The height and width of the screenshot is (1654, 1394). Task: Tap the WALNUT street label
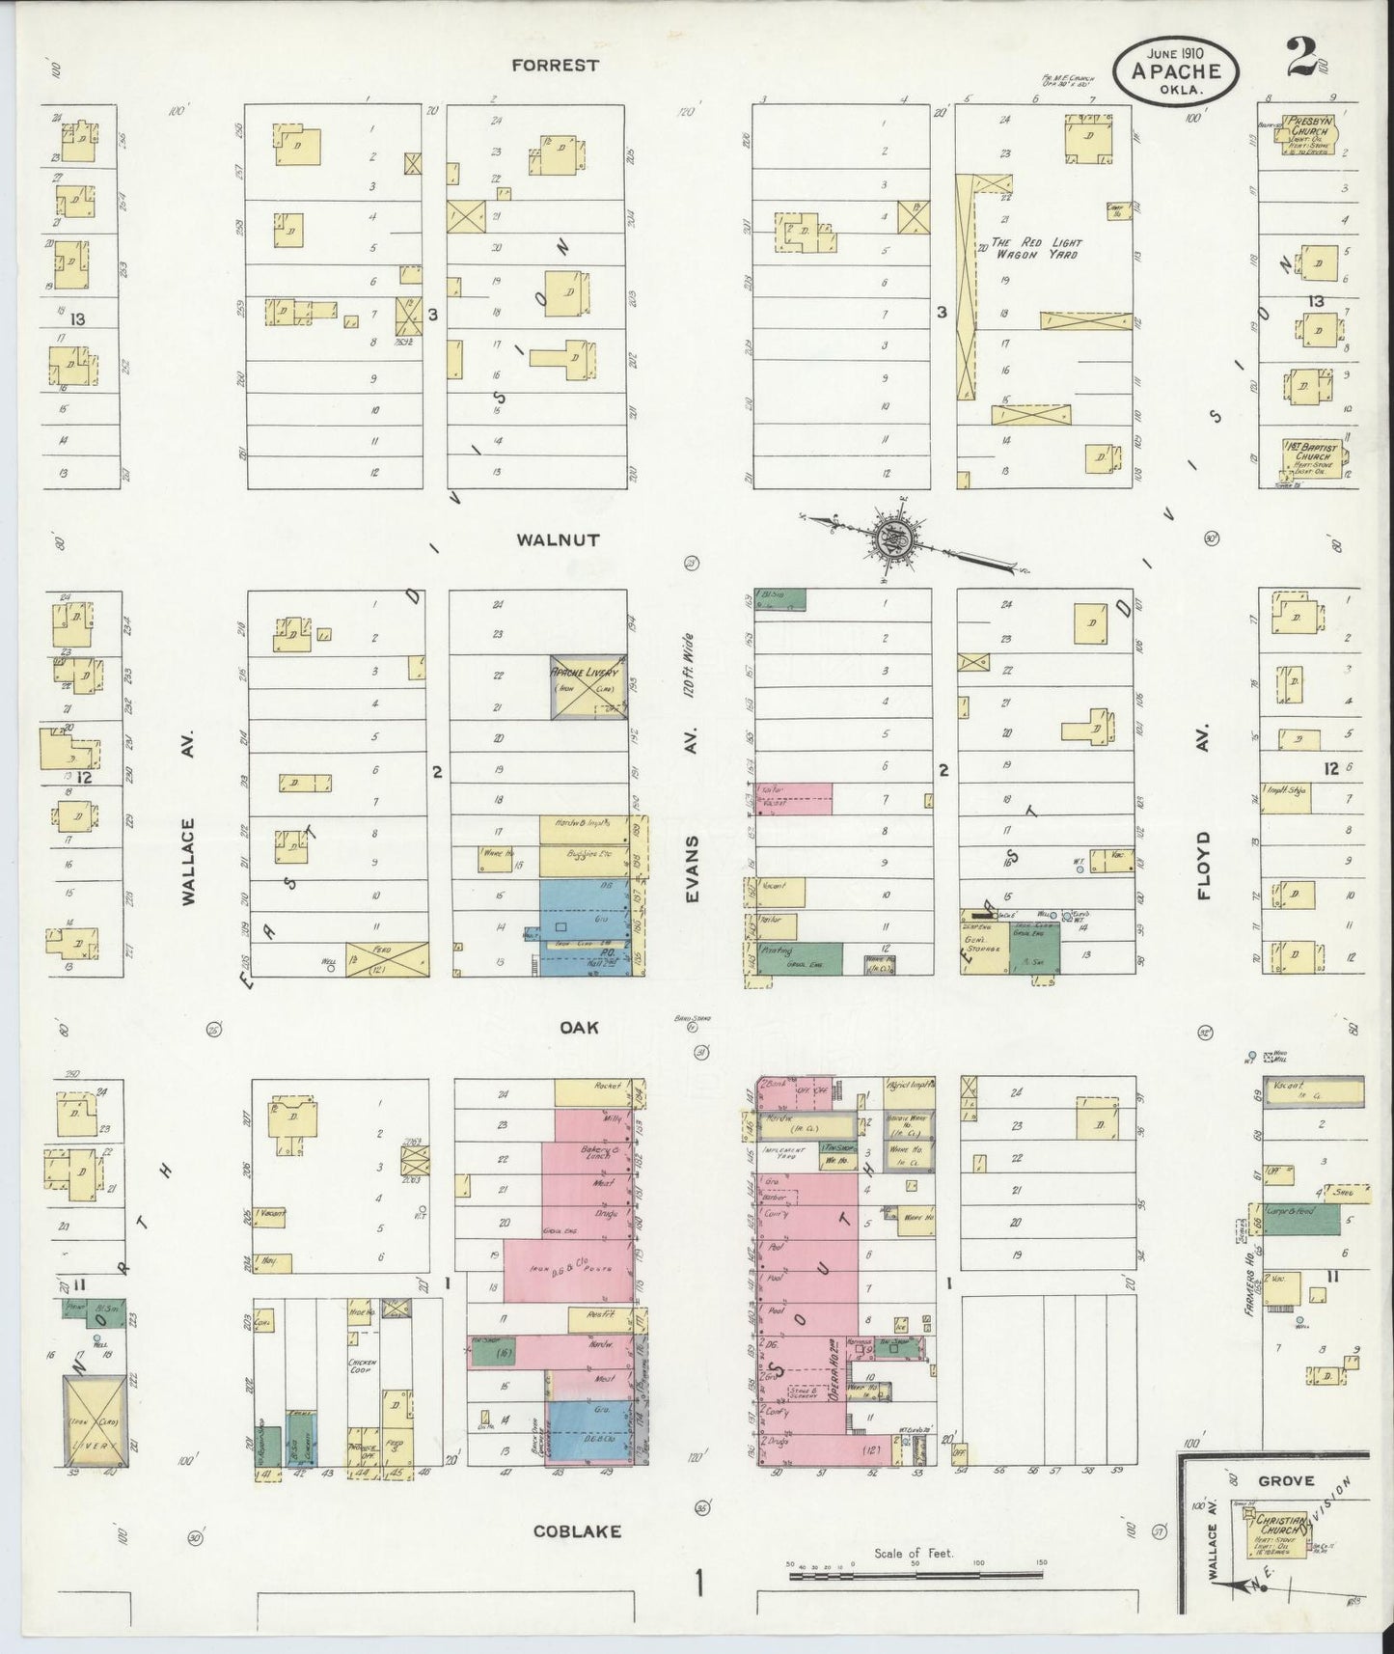[558, 540]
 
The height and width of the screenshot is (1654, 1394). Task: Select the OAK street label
[579, 1027]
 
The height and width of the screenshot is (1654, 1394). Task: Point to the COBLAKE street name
[577, 1531]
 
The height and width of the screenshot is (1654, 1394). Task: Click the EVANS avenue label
[692, 868]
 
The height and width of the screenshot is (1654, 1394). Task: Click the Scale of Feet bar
[916, 1576]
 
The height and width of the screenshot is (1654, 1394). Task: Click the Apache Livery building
[588, 689]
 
